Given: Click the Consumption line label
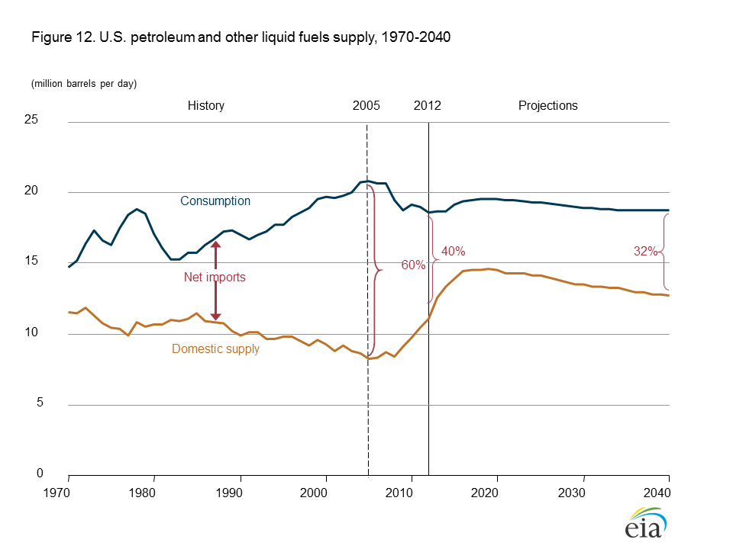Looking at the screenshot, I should coord(215,201).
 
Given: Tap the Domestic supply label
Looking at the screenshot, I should coord(216,349).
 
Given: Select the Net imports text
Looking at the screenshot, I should coord(215,278).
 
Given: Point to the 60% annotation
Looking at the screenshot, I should coord(413,265).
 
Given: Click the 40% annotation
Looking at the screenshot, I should coord(453,251).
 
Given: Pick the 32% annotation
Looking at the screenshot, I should coord(645,251).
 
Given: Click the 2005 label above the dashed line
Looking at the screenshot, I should coord(366,106).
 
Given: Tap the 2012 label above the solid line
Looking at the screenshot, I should coord(428,106).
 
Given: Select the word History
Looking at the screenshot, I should coord(206,106).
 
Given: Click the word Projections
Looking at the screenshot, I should coord(548,106).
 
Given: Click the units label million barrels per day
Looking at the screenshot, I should coord(84,84).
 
